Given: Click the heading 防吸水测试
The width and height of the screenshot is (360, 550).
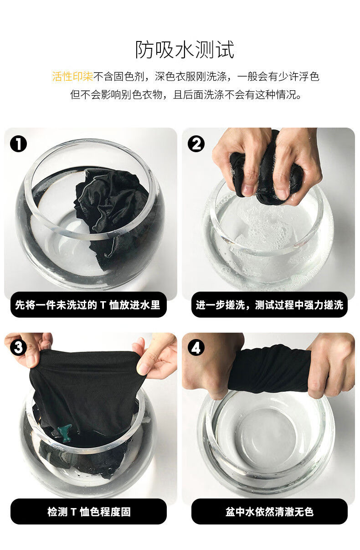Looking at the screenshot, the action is coord(185,50).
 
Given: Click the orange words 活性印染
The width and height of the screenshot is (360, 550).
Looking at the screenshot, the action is coord(72,77).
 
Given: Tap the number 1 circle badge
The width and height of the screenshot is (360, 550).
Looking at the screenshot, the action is coord(18,144).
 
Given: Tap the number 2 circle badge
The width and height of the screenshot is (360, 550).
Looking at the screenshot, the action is coord(196,144).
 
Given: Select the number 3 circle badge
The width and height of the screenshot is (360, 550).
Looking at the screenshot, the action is coord(18,347).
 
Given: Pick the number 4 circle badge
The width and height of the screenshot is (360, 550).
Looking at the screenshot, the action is coord(196,347).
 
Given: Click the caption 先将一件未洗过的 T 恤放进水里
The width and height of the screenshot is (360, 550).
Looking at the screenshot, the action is coord(87,305).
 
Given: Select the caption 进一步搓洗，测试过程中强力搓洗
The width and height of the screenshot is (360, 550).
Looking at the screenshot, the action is coord(269,305).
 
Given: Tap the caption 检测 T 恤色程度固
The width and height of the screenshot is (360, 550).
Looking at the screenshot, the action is coord(89,512).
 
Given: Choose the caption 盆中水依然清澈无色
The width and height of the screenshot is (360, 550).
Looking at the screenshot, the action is coord(269,512).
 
